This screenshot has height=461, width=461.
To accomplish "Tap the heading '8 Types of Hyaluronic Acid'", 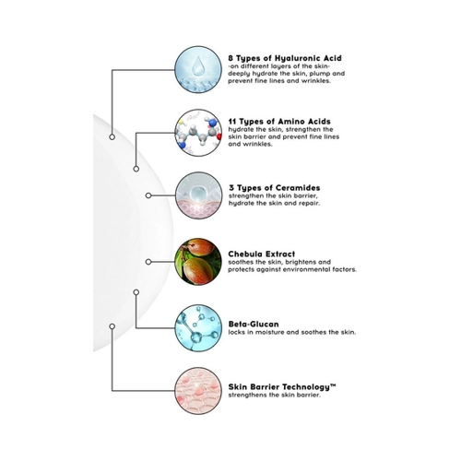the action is [285, 58].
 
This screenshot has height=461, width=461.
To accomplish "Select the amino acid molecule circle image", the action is [198, 133].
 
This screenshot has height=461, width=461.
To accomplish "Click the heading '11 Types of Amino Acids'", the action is [279, 122].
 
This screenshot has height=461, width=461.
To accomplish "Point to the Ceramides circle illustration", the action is [198, 195].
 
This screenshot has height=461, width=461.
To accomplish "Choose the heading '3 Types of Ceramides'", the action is [275, 188].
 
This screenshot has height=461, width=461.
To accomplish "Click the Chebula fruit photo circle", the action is [198, 262].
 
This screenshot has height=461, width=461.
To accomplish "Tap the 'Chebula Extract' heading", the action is [262, 254].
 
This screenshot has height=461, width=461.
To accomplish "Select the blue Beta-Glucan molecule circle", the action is [198, 328].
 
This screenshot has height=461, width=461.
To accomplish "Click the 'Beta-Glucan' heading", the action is [254, 324].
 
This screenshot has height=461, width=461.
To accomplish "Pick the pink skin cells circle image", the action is [198, 391].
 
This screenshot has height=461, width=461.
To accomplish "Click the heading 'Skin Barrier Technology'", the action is [282, 387].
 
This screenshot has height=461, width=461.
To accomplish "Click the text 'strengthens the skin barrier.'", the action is [274, 395].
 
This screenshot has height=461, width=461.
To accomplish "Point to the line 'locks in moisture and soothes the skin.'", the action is [292, 332].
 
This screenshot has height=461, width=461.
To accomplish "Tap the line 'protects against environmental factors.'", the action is [292, 269].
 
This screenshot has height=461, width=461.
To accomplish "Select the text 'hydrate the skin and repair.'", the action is [274, 203].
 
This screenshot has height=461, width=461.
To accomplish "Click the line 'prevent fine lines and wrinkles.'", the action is [279, 81].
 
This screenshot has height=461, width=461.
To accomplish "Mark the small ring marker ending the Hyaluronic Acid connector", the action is [112, 136].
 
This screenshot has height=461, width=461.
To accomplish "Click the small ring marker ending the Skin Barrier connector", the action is [112, 326].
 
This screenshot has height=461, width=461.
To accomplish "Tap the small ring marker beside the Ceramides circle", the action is [148, 195].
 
